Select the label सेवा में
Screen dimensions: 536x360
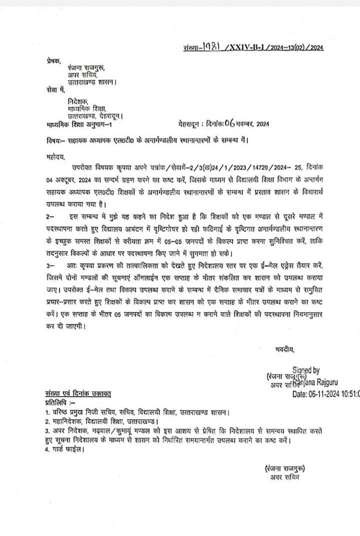pos(51,90)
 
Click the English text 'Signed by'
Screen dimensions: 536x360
pos(306,370)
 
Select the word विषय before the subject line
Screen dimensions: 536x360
pos(48,140)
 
